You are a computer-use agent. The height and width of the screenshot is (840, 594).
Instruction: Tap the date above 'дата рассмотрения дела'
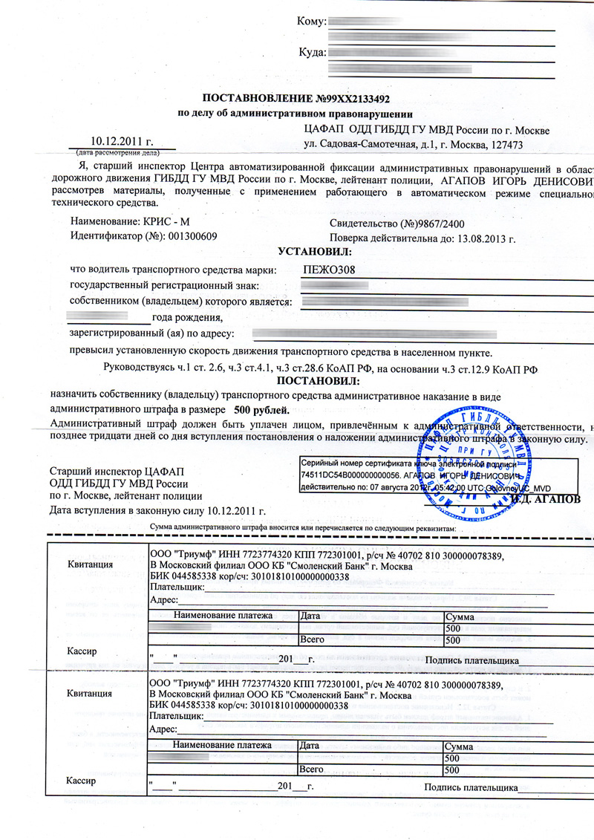(x=121, y=140)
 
